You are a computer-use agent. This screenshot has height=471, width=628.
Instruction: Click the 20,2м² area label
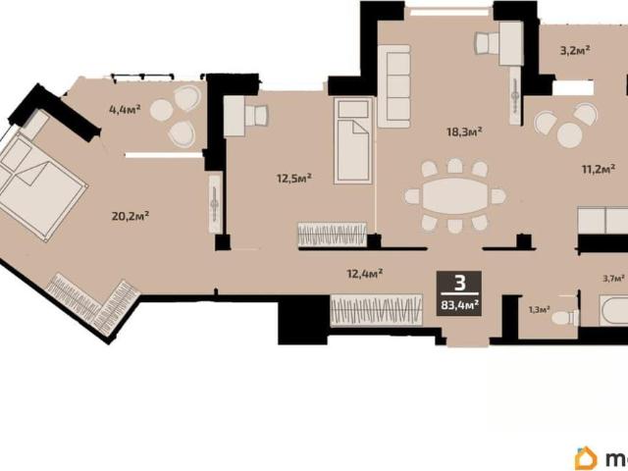coord(131,216)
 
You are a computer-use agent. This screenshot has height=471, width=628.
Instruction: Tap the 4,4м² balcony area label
coord(125,109)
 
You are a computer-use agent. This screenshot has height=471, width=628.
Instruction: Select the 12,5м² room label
coord(294,178)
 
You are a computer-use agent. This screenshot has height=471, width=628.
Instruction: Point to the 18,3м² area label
coord(464,131)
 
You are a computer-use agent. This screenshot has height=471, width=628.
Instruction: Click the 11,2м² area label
coord(599,170)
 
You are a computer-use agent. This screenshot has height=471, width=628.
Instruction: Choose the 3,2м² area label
coord(575,50)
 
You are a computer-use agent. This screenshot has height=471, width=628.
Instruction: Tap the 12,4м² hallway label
coord(364,274)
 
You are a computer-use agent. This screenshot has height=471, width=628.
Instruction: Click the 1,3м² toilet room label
coord(539,309)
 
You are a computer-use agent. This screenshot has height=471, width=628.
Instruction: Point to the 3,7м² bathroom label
coord(614,278)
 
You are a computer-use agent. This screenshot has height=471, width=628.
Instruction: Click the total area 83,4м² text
coord(460,305)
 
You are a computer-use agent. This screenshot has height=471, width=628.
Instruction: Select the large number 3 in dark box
coord(460,284)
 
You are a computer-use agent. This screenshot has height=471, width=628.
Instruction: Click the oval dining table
coord(455,196)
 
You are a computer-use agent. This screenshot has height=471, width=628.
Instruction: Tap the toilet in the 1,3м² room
coord(565,318)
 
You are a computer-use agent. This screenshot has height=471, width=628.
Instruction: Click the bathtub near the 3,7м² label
coord(613,311)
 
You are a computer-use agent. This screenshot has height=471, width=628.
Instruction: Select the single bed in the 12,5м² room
coord(353,141)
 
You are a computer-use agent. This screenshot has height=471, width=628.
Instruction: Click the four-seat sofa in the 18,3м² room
coord(394,86)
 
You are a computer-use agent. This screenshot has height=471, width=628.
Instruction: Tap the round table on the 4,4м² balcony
coord(161,109)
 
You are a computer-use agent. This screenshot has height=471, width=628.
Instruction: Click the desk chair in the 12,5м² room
coord(256,116)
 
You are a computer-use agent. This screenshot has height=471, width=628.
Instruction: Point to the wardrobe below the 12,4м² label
coord(376,310)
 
